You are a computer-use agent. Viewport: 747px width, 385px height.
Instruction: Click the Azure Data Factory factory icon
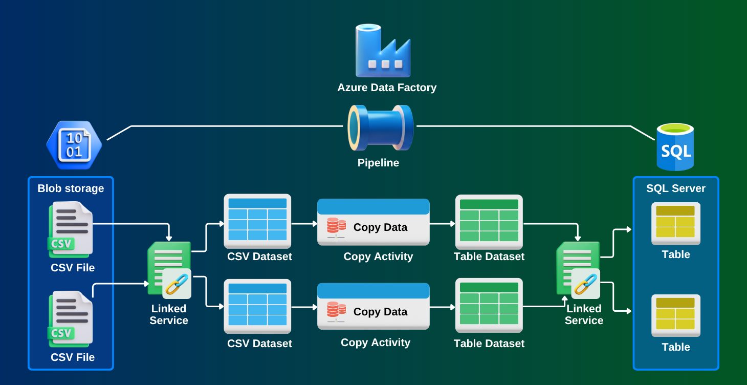pos(383,51)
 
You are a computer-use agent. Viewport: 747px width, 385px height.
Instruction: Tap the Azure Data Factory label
pos(387,88)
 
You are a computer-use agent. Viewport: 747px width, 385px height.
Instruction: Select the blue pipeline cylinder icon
pos(380,128)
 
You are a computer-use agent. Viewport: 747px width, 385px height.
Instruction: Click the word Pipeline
pos(378,163)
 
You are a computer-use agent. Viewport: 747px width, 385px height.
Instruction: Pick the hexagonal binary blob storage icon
pos(74,145)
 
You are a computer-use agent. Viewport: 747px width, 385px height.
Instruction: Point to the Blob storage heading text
pos(71,188)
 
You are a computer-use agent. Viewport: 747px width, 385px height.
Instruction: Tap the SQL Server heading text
pos(675,188)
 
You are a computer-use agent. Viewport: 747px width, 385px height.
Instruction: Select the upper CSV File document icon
pos(71,229)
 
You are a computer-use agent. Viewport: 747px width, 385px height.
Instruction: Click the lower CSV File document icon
pos(71,318)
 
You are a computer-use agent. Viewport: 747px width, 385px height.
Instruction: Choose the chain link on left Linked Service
pos(177,283)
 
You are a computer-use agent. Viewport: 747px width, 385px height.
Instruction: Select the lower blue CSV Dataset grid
pos(257,306)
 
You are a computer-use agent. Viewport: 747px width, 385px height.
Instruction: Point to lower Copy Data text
pos(380,312)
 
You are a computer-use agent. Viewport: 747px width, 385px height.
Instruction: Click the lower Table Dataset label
pos(489,344)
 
